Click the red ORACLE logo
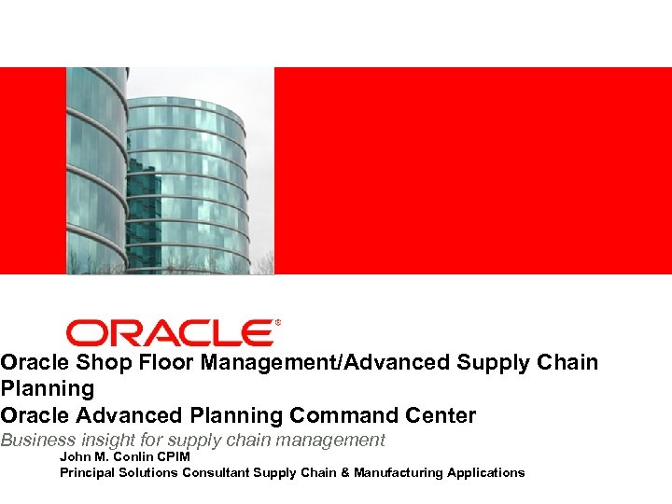pos(169,333)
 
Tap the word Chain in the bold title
pos(567,362)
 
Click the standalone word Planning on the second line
pos(48,388)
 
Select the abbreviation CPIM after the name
pos(175,457)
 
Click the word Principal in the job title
pos(86,473)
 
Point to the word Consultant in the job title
pos(212,473)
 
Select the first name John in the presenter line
pos(74,457)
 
